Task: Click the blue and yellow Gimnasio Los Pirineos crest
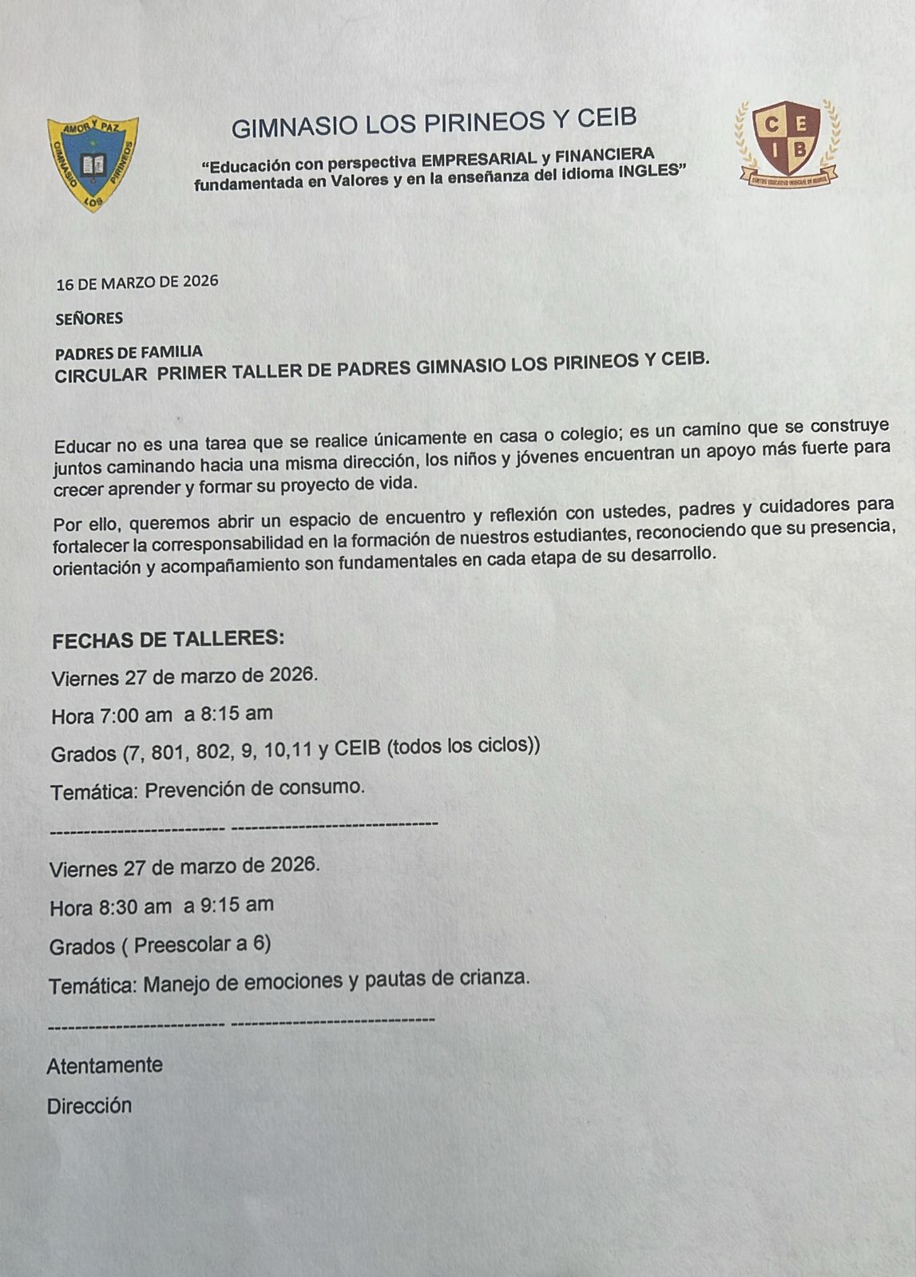[93, 163]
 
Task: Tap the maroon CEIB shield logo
[787, 142]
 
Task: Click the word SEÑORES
[89, 319]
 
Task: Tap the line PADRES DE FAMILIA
[129, 351]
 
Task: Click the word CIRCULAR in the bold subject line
[101, 375]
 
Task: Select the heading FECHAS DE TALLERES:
[168, 640]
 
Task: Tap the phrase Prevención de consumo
[255, 789]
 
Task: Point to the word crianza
[492, 978]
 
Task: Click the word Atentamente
[105, 1065]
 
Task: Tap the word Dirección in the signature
[89, 1106]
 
